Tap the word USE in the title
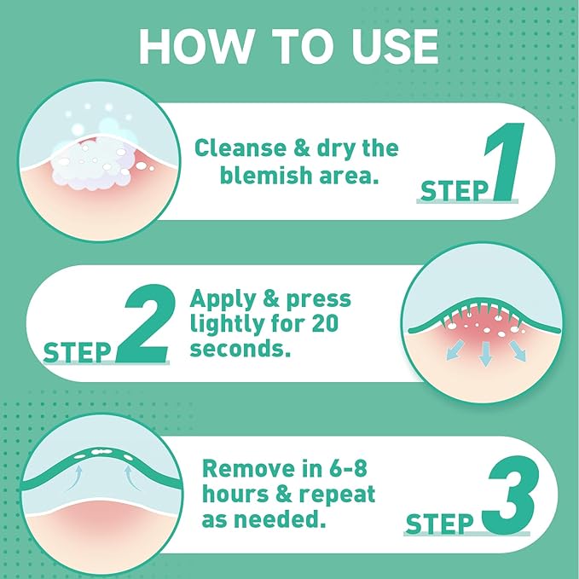click(395, 46)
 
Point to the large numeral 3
click(511, 495)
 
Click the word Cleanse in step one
click(240, 148)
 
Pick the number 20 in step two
click(325, 323)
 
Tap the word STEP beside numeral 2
click(78, 352)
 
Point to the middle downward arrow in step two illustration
click(485, 354)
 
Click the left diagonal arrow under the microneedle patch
click(455, 350)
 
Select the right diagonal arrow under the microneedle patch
click(518, 350)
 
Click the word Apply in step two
click(223, 298)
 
